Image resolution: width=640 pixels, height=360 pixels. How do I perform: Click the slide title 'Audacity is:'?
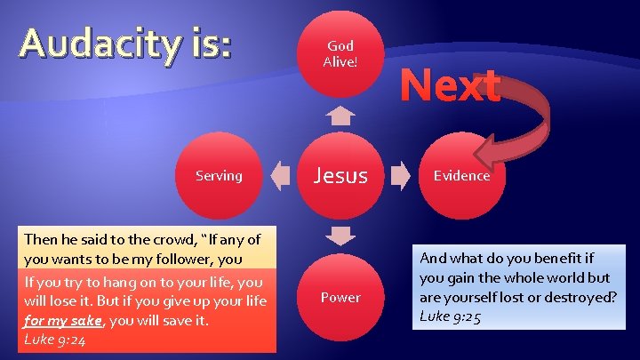pyautogui.click(x=126, y=44)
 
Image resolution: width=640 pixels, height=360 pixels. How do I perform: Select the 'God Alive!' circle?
pyautogui.click(x=340, y=54)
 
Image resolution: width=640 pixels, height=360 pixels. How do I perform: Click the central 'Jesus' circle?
pyautogui.click(x=340, y=176)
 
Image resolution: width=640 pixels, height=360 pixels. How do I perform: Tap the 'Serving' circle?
pyautogui.click(x=219, y=176)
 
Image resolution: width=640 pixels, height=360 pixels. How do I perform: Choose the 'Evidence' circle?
pyautogui.click(x=461, y=176)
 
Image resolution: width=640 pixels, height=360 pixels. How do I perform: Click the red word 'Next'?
pyautogui.click(x=450, y=87)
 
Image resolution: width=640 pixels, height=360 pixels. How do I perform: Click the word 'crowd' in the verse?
pyautogui.click(x=184, y=239)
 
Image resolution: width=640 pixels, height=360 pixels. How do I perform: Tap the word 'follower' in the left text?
pyautogui.click(x=178, y=259)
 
